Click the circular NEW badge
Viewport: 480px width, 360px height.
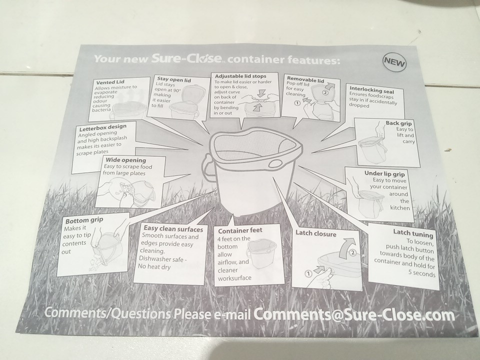coord(394,62)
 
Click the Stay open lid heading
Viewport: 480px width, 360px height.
coord(174,79)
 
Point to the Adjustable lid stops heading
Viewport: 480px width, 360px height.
coord(240,76)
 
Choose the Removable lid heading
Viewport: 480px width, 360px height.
coord(305,79)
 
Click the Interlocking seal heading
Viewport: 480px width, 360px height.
coord(372,89)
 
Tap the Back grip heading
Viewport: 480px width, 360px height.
coord(398,123)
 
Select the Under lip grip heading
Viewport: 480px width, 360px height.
coord(384,173)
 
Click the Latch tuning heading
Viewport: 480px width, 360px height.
coord(413,233)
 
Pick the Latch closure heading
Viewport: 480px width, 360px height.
coord(315,233)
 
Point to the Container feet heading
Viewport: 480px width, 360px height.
coord(240,230)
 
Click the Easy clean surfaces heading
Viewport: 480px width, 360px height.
coord(173,228)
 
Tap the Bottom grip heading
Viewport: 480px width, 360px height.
coord(84,220)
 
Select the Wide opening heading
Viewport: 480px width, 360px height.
coord(126,160)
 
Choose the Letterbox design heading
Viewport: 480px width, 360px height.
coord(102,127)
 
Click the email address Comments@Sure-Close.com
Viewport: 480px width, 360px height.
coord(354,314)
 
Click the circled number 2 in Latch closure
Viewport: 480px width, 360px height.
coord(352,253)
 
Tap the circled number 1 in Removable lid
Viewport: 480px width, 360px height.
coord(297,103)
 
